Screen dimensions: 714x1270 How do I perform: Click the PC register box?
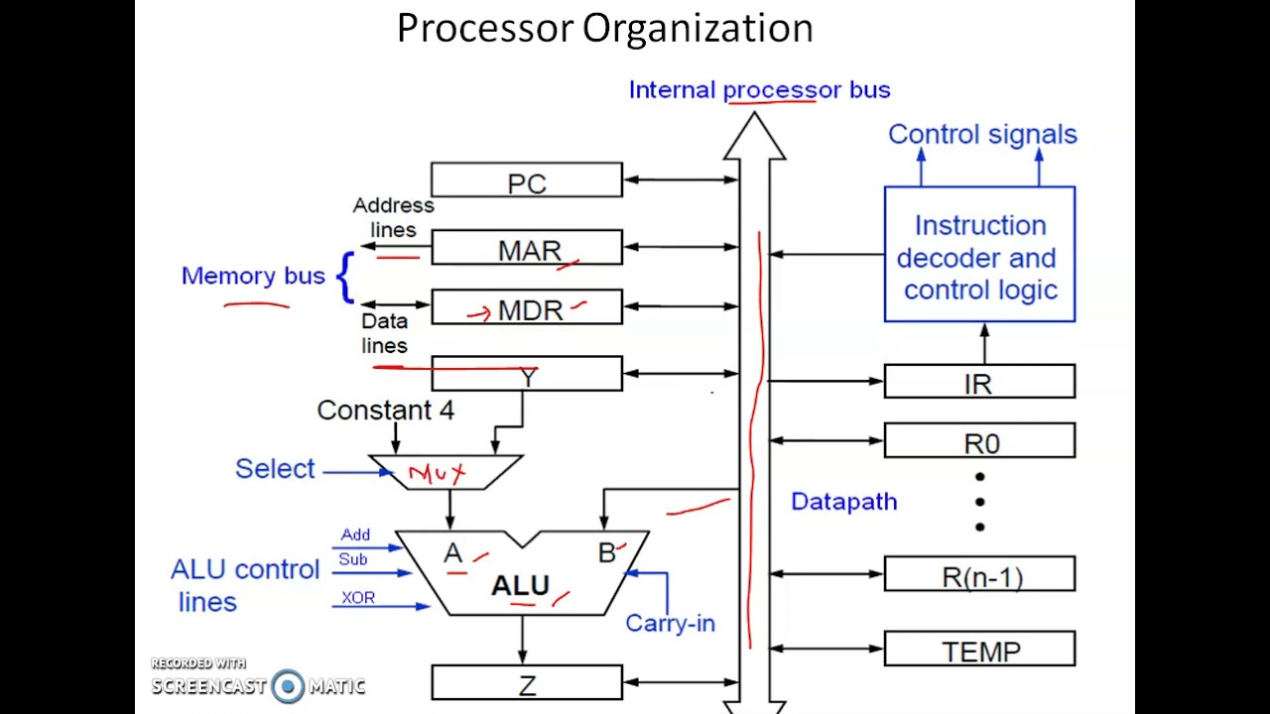pos(527,181)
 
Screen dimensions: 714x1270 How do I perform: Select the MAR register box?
pos(527,249)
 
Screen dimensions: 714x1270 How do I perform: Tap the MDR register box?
pos(527,308)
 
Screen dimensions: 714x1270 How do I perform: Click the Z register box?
pos(527,683)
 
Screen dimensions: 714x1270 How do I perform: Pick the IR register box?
pos(979,382)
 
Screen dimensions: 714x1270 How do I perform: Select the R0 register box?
pos(979,441)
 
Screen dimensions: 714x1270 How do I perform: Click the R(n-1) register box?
pos(979,575)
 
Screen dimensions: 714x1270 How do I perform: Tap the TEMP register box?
pos(979,651)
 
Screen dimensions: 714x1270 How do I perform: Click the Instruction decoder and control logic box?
pos(979,255)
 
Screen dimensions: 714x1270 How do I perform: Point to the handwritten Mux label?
pos(438,474)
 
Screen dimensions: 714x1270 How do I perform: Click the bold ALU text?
pos(520,586)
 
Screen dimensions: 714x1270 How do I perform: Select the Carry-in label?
pos(670,624)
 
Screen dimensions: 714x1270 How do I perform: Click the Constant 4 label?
pos(385,411)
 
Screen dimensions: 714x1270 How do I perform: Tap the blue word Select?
pos(275,468)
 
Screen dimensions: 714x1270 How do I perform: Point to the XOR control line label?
pos(358,598)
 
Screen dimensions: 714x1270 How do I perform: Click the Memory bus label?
pos(253,276)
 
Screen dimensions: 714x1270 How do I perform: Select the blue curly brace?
pos(344,277)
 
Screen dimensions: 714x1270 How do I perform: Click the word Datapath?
pos(844,502)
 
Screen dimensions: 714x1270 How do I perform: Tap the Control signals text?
pos(982,134)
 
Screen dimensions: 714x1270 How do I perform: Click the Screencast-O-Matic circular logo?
pos(288,685)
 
